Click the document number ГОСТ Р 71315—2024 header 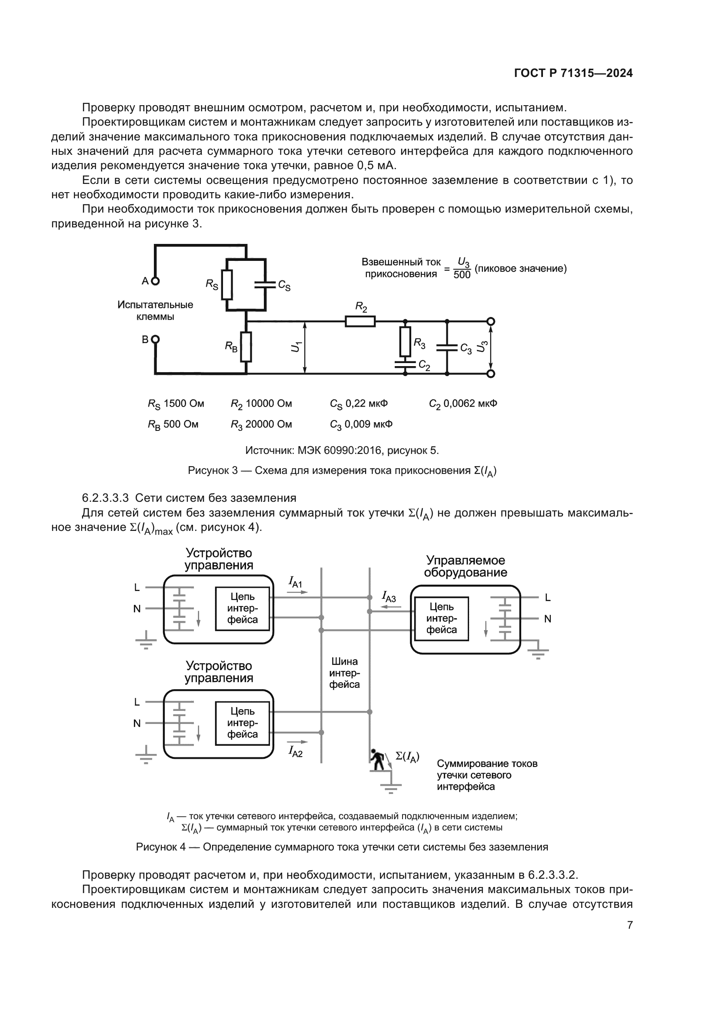(x=573, y=73)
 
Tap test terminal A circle (x=155, y=281)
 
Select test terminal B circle (x=155, y=339)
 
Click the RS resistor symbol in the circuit (x=226, y=284)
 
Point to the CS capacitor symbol (x=265, y=284)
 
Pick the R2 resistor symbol (x=360, y=321)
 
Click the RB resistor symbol (x=246, y=347)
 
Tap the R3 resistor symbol (x=405, y=341)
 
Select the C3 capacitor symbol (x=447, y=348)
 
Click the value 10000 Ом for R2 (x=269, y=403)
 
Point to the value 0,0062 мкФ (x=470, y=403)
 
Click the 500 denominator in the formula (x=462, y=275)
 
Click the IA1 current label (x=295, y=582)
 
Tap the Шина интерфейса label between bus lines (x=344, y=673)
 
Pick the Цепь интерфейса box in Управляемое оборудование (x=441, y=618)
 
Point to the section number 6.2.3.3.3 (x=105, y=498)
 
